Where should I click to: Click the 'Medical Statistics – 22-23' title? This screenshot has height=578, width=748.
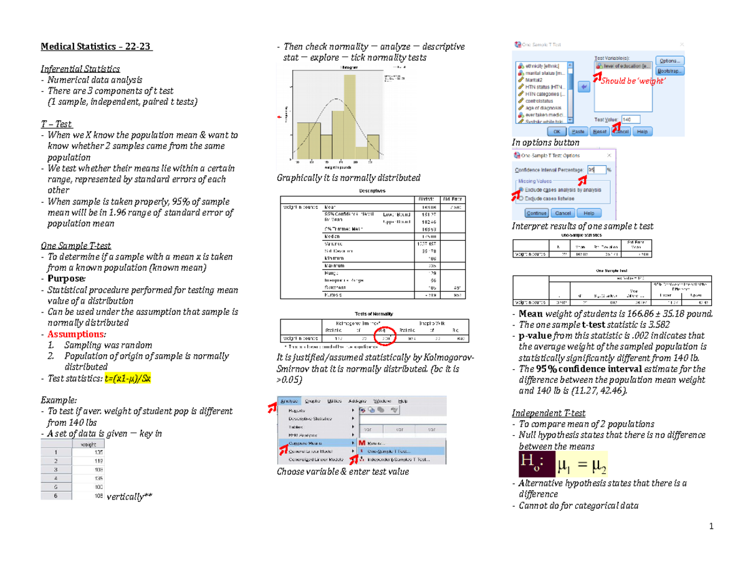(95, 46)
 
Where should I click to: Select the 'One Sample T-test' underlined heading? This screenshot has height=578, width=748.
(75, 245)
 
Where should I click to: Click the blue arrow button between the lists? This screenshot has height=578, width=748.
(584, 87)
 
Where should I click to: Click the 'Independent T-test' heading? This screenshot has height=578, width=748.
(547, 412)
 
